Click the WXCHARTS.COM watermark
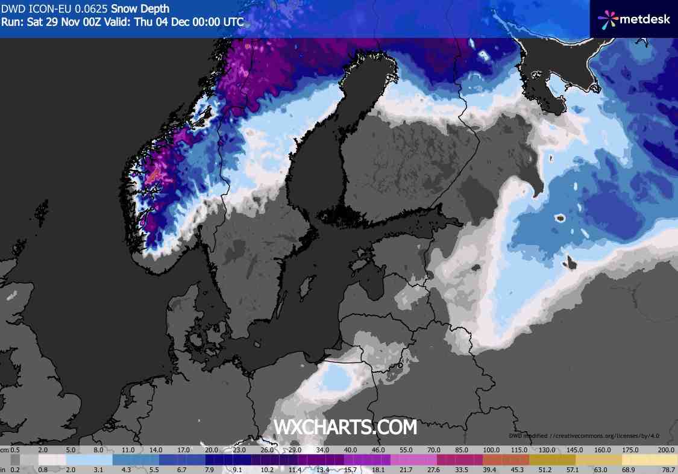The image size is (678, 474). [x=345, y=427]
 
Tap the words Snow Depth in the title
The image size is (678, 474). [x=140, y=9]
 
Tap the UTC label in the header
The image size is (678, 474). [x=233, y=22]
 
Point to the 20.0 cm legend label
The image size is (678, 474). [x=212, y=450]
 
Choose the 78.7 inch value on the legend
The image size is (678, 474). [x=667, y=469]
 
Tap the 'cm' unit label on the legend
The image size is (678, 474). [x=4, y=450]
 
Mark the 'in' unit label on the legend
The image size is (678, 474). [x=4, y=469]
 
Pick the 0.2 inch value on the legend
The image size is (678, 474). [x=15, y=469]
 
